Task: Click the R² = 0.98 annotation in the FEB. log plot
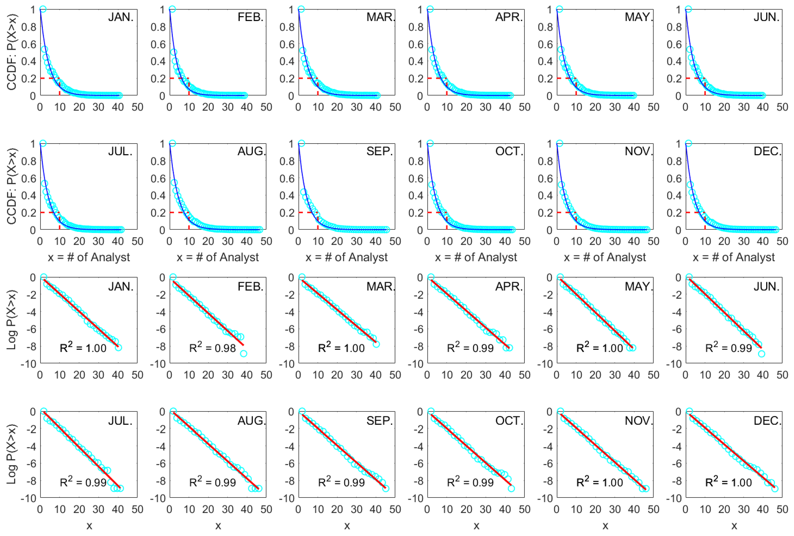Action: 212,348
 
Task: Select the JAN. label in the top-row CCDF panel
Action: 121,17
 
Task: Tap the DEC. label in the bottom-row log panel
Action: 767,421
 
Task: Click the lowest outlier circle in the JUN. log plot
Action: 761,354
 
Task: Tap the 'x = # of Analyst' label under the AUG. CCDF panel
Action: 218,257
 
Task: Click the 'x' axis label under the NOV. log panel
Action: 605,526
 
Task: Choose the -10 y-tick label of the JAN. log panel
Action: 29,364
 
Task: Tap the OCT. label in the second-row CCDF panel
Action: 509,151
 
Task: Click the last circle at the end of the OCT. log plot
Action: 511,488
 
